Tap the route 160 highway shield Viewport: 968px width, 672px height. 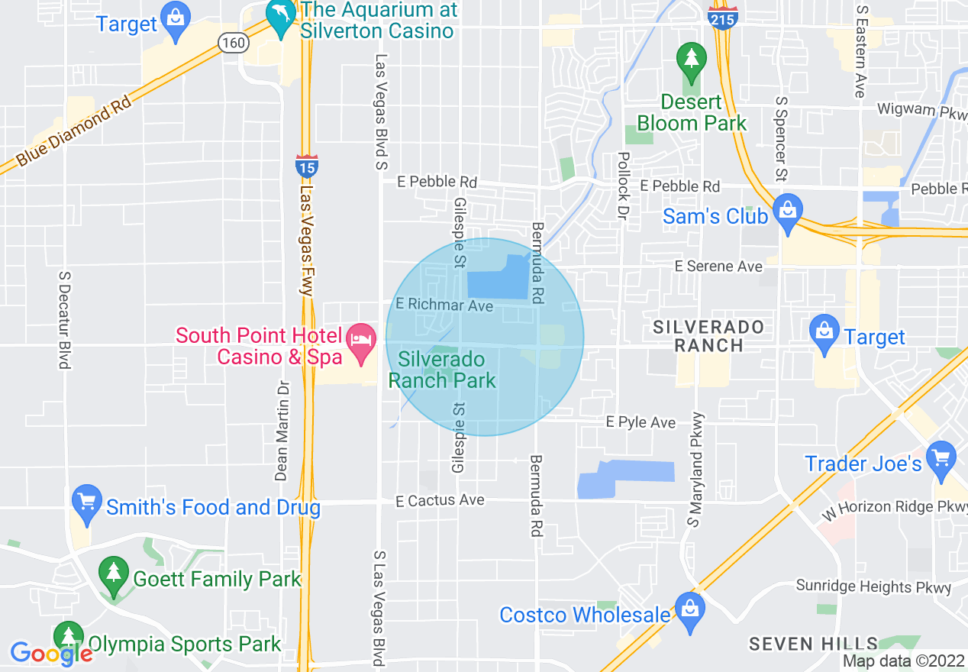tap(233, 43)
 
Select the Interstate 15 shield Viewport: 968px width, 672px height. tap(306, 166)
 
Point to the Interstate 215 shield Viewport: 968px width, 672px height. tap(721, 17)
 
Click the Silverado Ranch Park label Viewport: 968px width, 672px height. tap(443, 370)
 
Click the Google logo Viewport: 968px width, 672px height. tap(51, 653)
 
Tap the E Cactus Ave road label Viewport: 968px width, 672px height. tap(440, 500)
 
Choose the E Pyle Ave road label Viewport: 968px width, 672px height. tap(640, 422)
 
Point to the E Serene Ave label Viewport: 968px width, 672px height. tap(718, 266)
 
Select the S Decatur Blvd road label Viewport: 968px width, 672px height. tap(65, 318)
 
